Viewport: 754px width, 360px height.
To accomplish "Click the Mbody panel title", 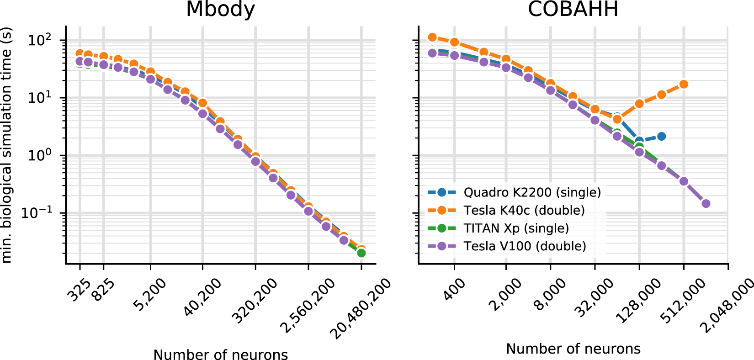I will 220,9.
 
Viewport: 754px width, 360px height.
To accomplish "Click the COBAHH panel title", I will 573,9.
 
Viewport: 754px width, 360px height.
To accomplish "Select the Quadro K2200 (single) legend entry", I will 532,192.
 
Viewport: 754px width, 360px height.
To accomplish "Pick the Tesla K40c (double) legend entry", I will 524,210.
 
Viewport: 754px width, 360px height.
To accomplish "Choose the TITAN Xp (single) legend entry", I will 516,228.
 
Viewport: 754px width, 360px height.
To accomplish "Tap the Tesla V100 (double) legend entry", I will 525,246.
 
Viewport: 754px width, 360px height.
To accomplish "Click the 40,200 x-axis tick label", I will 202,297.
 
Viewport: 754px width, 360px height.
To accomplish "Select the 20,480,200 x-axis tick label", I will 360,309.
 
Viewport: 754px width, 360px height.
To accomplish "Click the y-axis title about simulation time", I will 7,145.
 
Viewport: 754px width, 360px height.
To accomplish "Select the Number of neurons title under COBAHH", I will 573,349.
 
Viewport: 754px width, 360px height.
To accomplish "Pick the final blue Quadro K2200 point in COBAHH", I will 661,137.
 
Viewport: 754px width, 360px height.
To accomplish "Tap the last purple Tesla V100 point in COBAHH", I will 706,203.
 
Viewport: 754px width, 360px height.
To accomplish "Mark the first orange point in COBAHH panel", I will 432,37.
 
